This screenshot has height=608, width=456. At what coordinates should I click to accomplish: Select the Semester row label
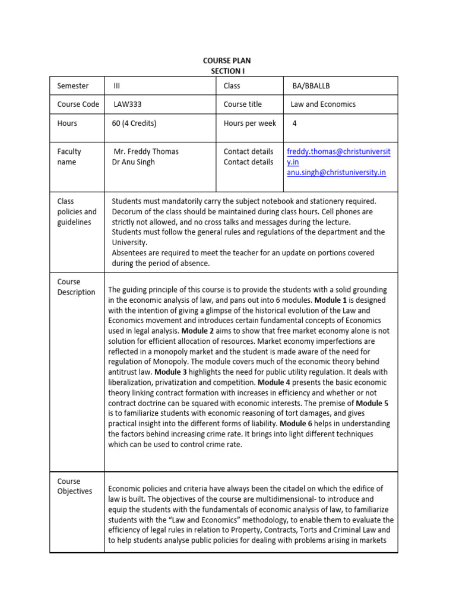(72, 85)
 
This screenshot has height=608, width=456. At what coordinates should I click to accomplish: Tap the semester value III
(117, 85)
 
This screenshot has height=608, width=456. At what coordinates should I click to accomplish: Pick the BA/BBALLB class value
(311, 85)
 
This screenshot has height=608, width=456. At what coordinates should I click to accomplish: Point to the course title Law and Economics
(323, 104)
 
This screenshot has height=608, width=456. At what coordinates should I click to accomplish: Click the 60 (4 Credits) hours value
(134, 123)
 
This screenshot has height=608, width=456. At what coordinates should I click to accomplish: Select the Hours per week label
(249, 123)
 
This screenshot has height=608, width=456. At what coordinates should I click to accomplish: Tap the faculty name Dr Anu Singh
(134, 161)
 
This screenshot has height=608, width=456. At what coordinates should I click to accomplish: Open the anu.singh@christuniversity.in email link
(336, 172)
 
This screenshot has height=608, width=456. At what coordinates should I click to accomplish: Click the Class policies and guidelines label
(77, 211)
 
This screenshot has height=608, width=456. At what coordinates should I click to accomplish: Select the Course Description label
(76, 287)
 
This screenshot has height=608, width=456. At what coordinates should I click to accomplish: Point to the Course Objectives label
(75, 486)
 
